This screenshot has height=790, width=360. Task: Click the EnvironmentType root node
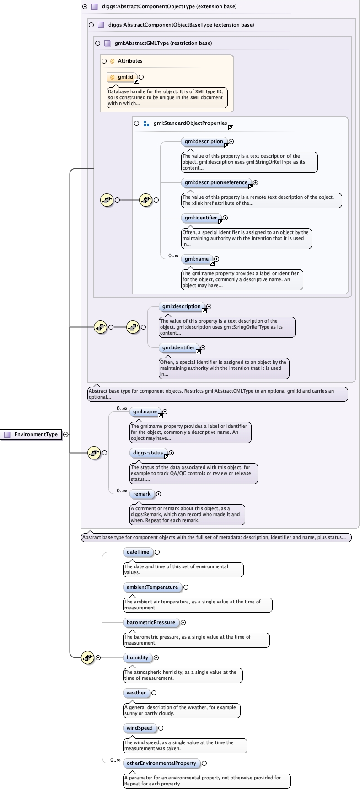click(31, 434)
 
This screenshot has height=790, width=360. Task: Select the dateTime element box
click(138, 552)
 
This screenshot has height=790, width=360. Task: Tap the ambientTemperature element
click(152, 587)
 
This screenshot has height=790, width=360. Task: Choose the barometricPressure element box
click(151, 622)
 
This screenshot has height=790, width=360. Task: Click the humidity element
click(138, 657)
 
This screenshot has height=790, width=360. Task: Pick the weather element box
click(136, 693)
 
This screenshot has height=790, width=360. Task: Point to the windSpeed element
click(140, 728)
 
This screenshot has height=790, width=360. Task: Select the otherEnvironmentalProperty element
click(161, 763)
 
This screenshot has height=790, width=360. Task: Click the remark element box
click(142, 494)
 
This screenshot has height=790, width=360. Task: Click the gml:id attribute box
click(122, 77)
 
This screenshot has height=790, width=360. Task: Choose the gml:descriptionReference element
click(216, 183)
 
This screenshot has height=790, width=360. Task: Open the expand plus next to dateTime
click(157, 552)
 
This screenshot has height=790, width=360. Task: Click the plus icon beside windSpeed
click(161, 728)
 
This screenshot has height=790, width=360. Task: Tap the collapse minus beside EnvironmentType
click(66, 435)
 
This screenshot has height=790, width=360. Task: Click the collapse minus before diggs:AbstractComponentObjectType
click(85, 7)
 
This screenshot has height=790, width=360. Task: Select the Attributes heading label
click(130, 61)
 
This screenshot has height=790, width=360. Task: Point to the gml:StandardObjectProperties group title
click(190, 123)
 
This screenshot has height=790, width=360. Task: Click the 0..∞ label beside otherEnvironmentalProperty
click(115, 760)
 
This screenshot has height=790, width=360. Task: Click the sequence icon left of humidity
click(87, 657)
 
